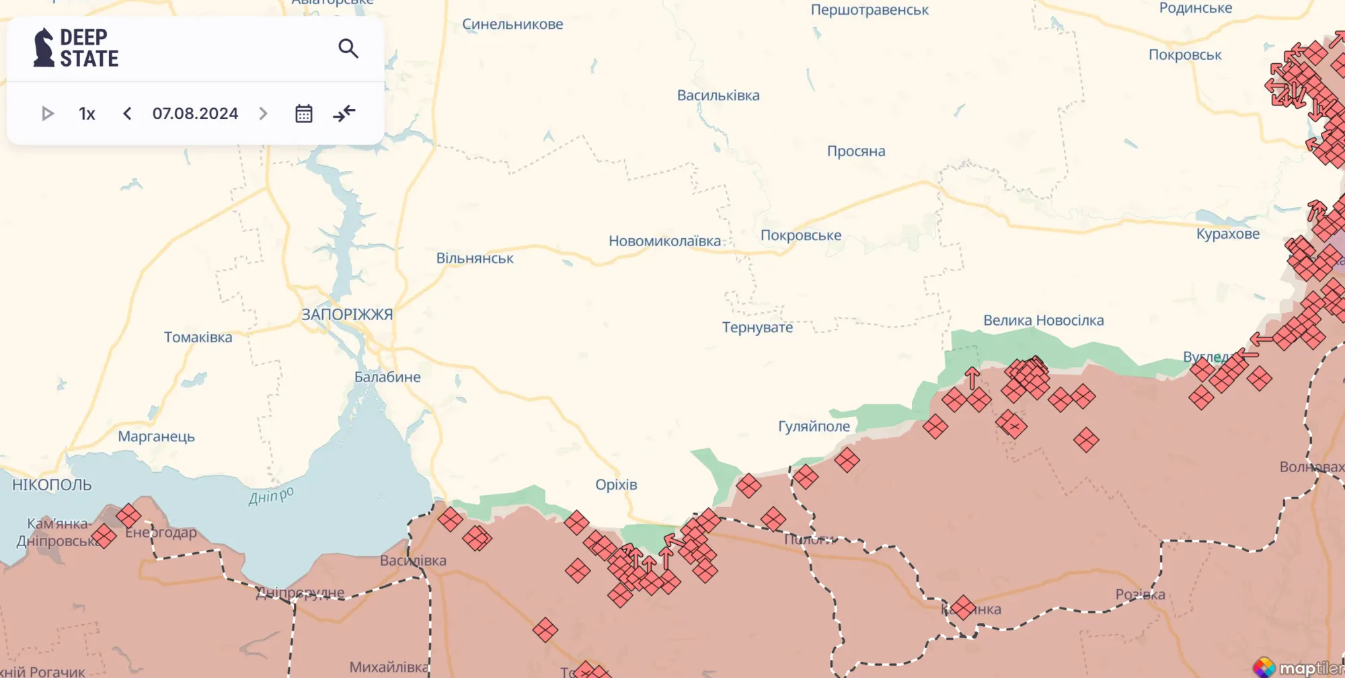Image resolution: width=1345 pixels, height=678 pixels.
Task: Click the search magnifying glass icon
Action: coord(348,48)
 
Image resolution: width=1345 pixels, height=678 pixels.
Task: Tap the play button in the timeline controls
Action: coord(47,114)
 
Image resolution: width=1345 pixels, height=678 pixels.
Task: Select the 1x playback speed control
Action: coord(87,114)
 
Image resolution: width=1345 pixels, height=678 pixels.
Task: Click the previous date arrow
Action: coord(127,114)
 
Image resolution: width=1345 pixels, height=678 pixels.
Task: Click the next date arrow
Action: coord(263,114)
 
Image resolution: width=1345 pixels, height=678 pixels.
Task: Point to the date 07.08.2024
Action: coord(195,114)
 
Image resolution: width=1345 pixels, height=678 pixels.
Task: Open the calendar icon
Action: coord(304,114)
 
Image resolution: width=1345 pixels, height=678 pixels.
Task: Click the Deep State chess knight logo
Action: coord(44,48)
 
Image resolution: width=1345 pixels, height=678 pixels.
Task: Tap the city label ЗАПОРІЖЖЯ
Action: coord(347,315)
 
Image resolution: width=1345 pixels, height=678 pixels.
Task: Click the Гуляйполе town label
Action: coord(814,426)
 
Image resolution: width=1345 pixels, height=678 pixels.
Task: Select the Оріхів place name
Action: coord(616,485)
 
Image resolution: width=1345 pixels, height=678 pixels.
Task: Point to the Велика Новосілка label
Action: coord(1043,321)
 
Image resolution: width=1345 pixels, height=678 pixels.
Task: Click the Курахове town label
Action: coord(1227,234)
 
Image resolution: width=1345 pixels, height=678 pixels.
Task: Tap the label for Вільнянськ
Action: coord(475,259)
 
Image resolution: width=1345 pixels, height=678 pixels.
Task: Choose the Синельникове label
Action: coord(512,25)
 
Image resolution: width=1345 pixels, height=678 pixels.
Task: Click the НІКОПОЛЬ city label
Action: coord(52,485)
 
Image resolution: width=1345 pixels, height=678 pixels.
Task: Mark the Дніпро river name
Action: coord(271,496)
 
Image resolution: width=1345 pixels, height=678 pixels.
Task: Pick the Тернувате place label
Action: coord(757,328)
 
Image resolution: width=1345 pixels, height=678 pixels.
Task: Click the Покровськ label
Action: coord(1185,55)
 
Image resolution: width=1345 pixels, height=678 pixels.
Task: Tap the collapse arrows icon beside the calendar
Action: coord(344,114)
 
